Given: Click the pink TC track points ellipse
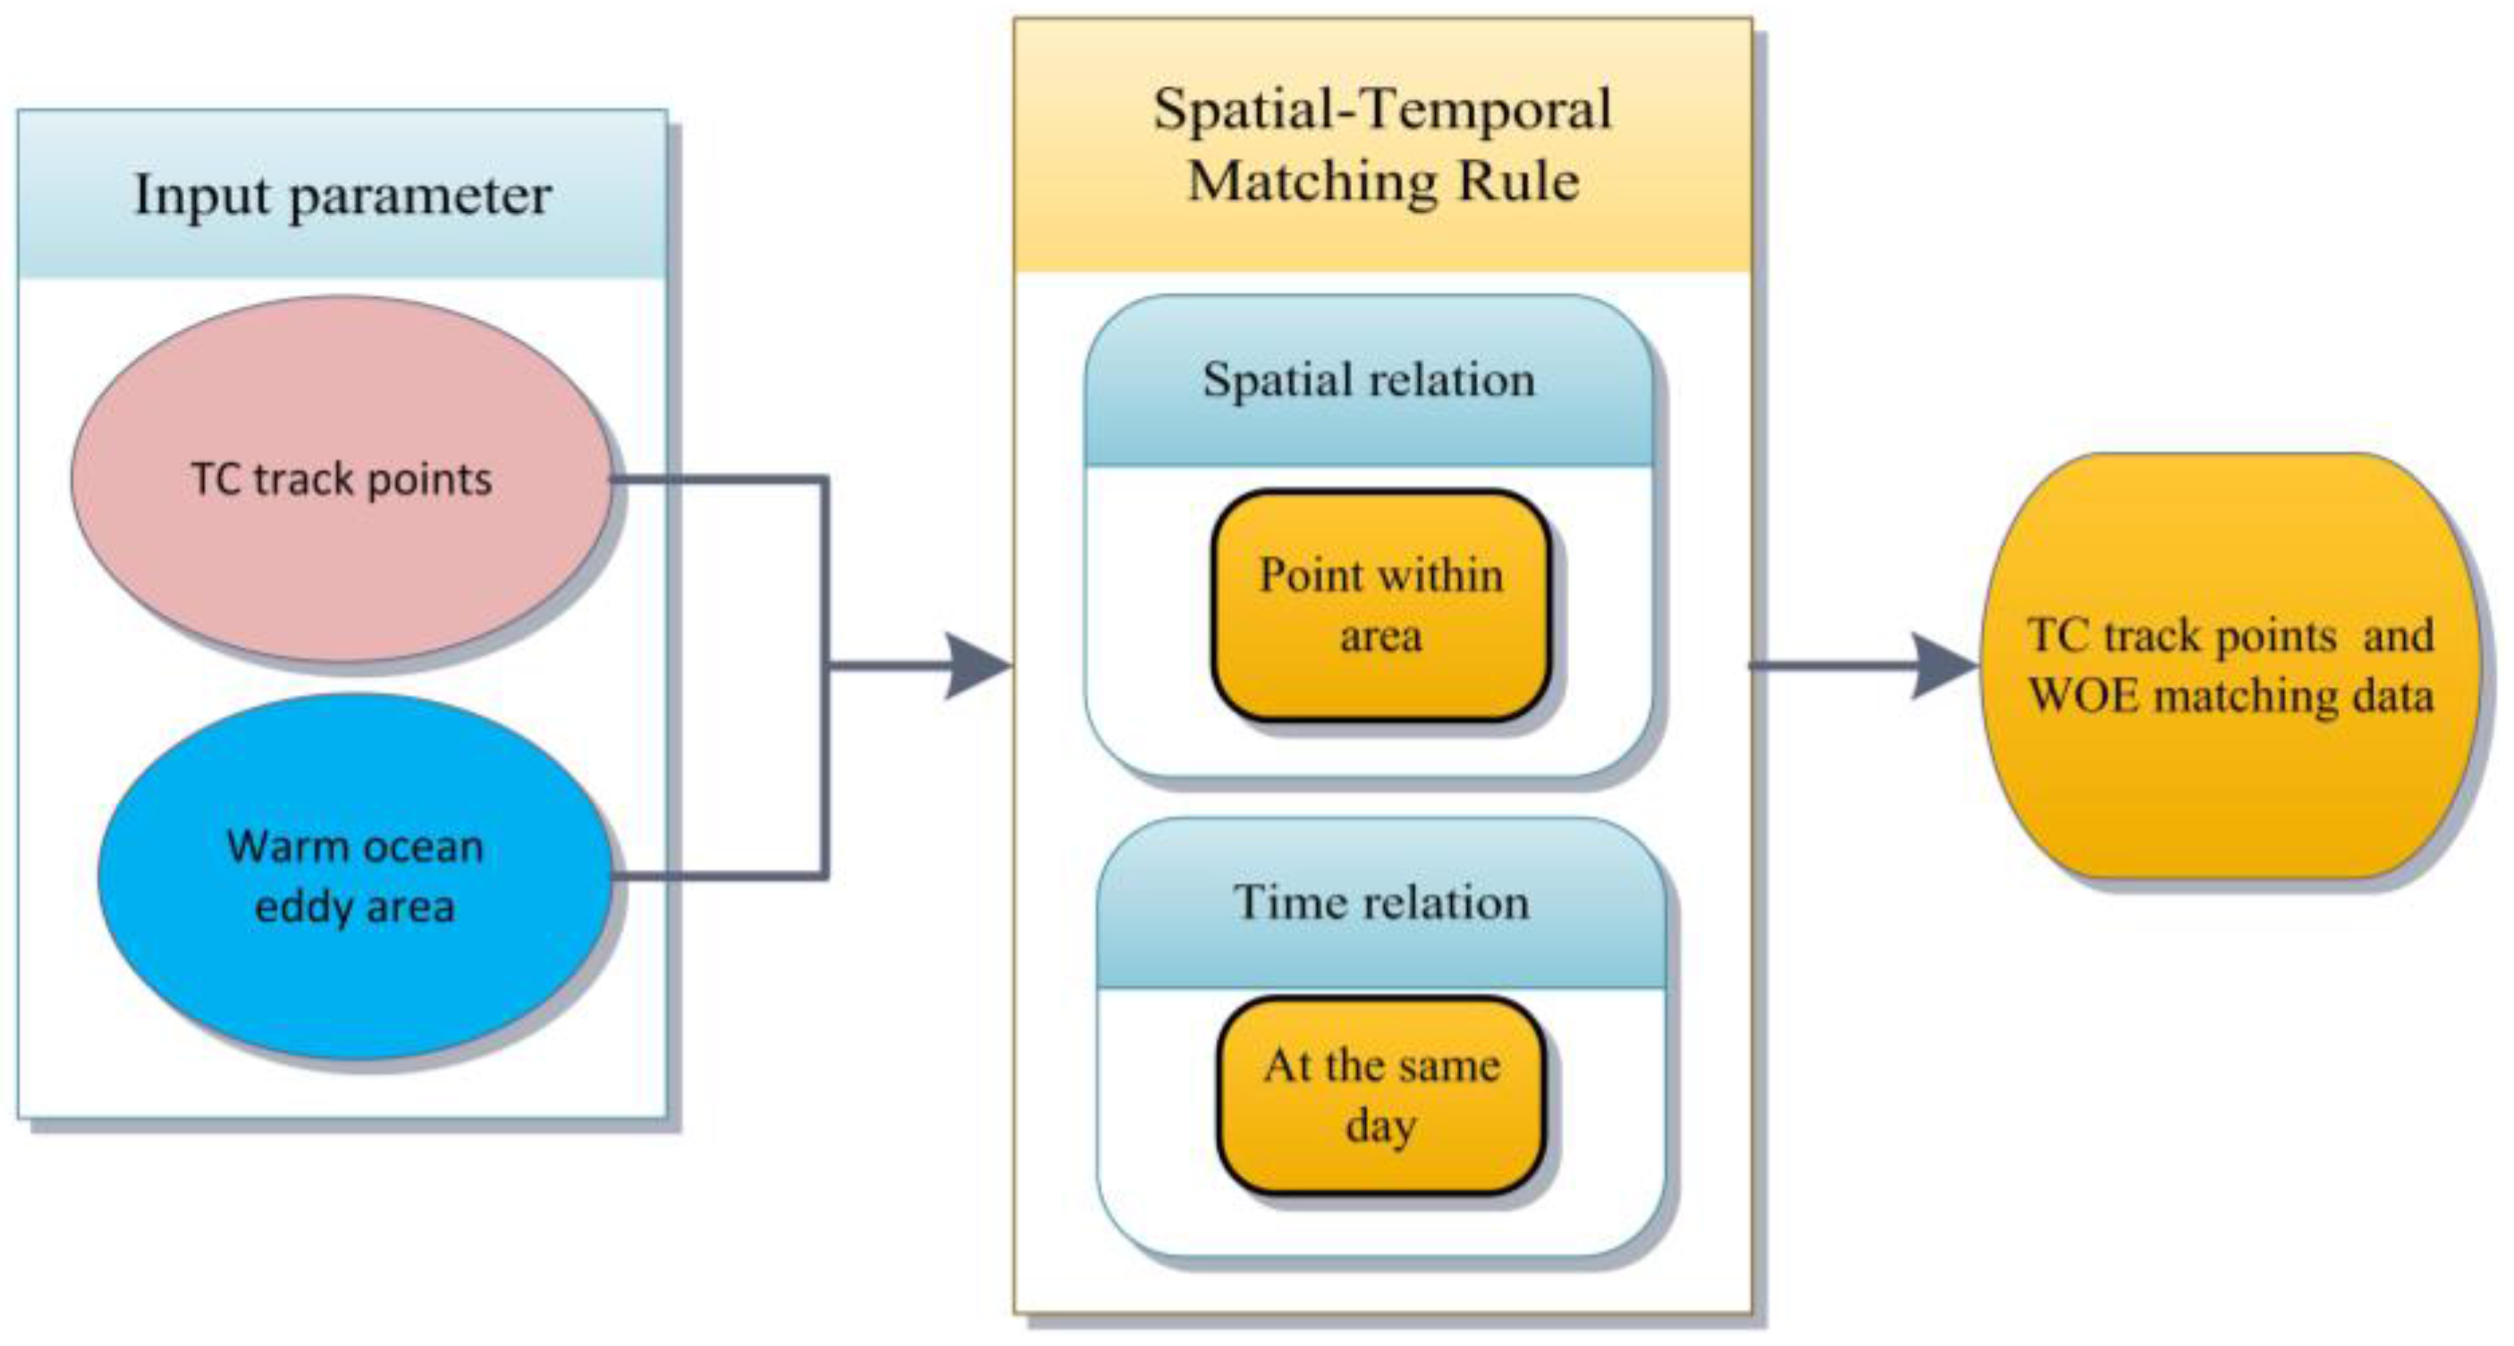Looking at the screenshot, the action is coord(342,478).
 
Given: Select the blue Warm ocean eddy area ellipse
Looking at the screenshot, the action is coord(355,876).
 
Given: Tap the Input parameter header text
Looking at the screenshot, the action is coord(342,196).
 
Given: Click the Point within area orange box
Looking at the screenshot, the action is coord(1381,605).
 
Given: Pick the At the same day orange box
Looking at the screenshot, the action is coord(1381,1094).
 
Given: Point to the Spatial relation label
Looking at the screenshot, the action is coord(1368,380).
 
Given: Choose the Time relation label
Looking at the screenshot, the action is coord(1381,902).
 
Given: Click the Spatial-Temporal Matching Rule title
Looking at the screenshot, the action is coord(1382,145).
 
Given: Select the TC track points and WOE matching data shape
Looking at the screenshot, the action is coord(2230,665).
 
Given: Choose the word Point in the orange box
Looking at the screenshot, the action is coord(1310,575).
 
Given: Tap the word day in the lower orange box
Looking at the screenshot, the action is coord(1381,1126).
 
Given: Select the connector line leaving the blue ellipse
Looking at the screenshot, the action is coord(721,875).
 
